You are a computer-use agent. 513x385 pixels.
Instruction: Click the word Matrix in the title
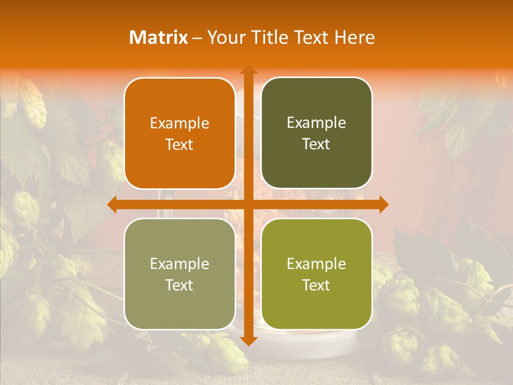coord(159,37)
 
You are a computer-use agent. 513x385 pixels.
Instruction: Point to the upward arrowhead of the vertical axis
coord(248,70)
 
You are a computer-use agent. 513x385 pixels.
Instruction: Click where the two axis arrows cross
coord(248,204)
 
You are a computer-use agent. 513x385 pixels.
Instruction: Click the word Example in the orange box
coord(180,124)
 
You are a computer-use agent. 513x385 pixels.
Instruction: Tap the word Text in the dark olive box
coord(316,144)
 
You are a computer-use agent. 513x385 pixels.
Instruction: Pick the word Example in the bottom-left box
coord(180,264)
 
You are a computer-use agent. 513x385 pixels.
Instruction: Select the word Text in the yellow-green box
coord(316,285)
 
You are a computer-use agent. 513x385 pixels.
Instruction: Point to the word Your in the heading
coord(225,37)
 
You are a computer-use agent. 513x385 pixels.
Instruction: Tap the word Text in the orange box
coord(180,145)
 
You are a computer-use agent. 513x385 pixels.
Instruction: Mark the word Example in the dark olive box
coord(316,123)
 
